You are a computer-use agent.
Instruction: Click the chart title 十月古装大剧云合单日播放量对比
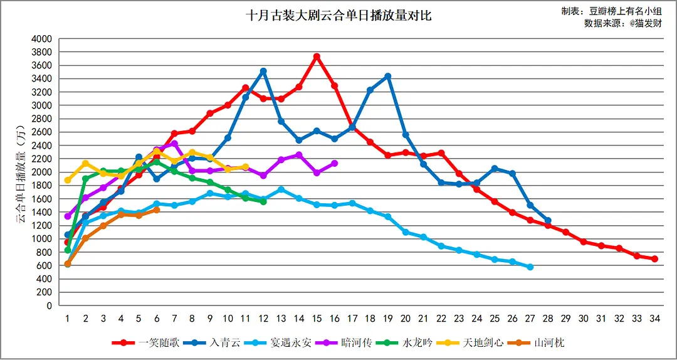click(338, 16)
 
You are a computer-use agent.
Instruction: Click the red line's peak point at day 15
click(317, 56)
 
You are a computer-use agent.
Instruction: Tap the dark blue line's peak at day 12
click(263, 71)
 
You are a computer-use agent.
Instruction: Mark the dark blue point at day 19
click(388, 76)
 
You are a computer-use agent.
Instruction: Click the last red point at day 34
click(654, 258)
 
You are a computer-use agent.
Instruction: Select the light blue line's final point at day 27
click(530, 267)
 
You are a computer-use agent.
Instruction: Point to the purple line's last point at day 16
click(335, 163)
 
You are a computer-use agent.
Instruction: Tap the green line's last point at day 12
click(263, 201)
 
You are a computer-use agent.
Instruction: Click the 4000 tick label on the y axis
click(41, 39)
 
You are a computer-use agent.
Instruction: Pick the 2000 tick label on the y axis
click(41, 172)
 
